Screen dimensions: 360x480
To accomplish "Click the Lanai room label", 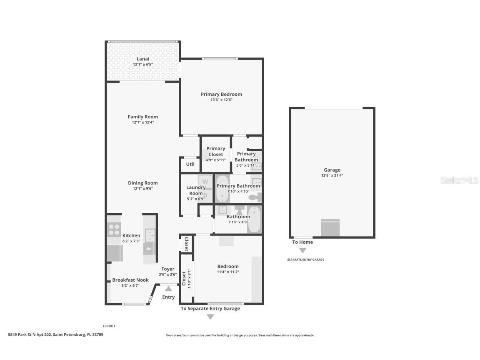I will (143, 59).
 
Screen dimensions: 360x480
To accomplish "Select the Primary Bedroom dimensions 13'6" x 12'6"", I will (221, 100).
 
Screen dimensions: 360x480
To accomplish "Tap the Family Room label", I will (143, 117).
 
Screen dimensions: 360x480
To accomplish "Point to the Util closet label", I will (190, 164).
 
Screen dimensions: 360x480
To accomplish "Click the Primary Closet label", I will (216, 151).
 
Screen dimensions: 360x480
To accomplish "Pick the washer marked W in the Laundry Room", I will (205, 182).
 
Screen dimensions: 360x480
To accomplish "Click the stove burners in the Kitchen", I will (114, 230).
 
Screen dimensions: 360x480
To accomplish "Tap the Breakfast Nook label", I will (130, 280).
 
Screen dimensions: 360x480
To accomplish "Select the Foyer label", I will (168, 269).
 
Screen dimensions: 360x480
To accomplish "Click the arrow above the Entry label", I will (168, 288).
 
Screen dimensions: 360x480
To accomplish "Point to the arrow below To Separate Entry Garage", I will (210, 317).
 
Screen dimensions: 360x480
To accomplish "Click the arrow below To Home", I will (302, 250).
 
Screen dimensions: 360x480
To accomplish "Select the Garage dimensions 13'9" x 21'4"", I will (332, 175).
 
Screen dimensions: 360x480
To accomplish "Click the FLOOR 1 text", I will (109, 326).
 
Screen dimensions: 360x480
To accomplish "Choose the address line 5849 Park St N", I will (55, 334).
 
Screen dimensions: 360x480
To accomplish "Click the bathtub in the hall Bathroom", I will (254, 220).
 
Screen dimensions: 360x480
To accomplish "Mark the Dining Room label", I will (142, 183).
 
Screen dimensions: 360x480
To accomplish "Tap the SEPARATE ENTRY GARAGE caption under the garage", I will (305, 260).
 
